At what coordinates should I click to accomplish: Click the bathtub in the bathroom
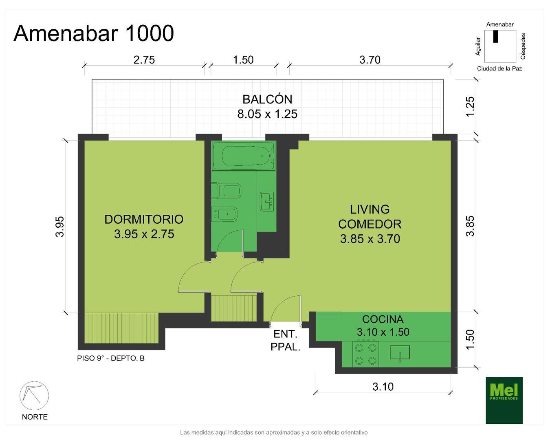click(x=244, y=156)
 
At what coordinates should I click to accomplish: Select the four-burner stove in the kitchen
click(x=365, y=354)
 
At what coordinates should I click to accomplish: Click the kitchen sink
click(x=400, y=352)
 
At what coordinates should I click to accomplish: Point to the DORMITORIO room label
click(x=144, y=219)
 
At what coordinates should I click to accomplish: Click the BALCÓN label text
click(x=267, y=99)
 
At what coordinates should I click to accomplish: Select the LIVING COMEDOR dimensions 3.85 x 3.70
click(x=370, y=239)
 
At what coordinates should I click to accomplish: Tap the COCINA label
click(x=383, y=319)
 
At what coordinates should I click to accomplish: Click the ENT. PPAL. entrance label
click(x=285, y=340)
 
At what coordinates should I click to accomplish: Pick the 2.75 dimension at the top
click(x=144, y=60)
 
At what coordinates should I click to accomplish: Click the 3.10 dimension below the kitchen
click(x=383, y=386)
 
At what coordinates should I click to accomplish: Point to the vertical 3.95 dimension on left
click(x=60, y=227)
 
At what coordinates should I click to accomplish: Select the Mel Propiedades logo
click(x=504, y=400)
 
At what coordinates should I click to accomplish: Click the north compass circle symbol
click(x=34, y=396)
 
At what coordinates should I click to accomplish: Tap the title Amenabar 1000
click(x=94, y=33)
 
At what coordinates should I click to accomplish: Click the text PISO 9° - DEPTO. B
click(x=111, y=359)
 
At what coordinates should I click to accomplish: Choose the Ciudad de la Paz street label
click(x=499, y=68)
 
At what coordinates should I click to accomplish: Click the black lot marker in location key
click(x=496, y=36)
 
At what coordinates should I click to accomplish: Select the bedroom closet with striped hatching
click(x=121, y=328)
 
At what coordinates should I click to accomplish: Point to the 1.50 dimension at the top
click(x=243, y=60)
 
